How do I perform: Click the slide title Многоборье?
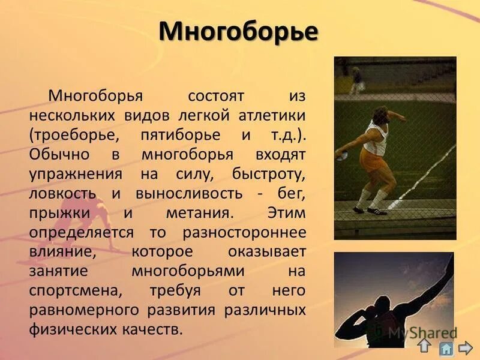click(238, 32)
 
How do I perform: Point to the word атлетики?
click(274, 115)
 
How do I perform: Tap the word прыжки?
click(59, 213)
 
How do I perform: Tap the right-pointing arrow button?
click(466, 347)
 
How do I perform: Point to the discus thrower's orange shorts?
click(371, 158)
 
